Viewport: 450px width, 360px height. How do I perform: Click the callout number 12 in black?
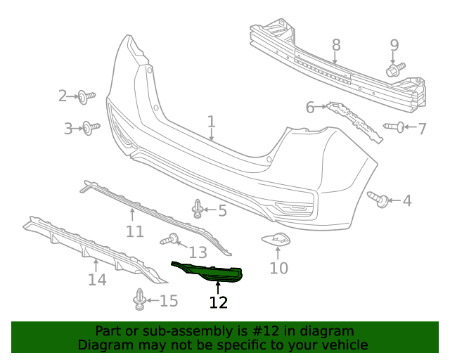[x=219, y=302]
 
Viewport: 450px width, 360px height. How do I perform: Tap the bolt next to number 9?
[x=395, y=69]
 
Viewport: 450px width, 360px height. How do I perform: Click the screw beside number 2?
[x=86, y=97]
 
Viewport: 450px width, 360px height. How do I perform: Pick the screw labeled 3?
[x=91, y=128]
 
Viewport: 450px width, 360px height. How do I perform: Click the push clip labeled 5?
[x=198, y=208]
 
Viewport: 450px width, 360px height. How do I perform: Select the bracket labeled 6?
[x=354, y=122]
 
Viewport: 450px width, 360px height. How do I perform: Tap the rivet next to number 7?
[x=394, y=127]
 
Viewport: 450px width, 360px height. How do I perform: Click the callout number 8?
[x=336, y=45]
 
